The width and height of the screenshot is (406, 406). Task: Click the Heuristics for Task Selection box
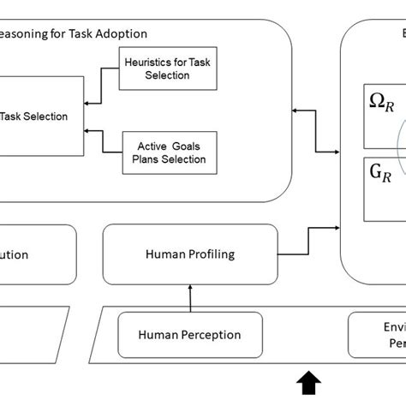(x=167, y=69)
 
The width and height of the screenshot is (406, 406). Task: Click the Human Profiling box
(x=190, y=254)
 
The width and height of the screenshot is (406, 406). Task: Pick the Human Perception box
(x=190, y=336)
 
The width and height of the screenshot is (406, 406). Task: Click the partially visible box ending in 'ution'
(x=34, y=254)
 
